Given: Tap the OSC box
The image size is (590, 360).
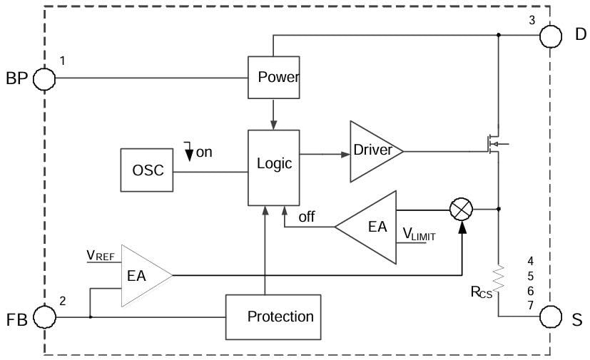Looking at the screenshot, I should point(148,170).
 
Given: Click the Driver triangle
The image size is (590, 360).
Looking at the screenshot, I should point(372,150).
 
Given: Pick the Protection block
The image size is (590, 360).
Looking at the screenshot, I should point(280,317).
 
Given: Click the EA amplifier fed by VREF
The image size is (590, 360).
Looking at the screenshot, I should point(141,275).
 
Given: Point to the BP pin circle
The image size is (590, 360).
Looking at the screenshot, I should point(44,78).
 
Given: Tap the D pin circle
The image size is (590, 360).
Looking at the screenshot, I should point(550,34).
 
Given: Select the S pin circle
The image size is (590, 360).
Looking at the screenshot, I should point(550,317).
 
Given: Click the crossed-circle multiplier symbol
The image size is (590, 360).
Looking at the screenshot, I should point(461,209).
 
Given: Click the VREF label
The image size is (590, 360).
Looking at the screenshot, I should point(101,254).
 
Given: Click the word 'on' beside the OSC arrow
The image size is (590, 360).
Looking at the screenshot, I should point(204,152).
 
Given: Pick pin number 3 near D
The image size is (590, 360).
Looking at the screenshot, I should point(532,20).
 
